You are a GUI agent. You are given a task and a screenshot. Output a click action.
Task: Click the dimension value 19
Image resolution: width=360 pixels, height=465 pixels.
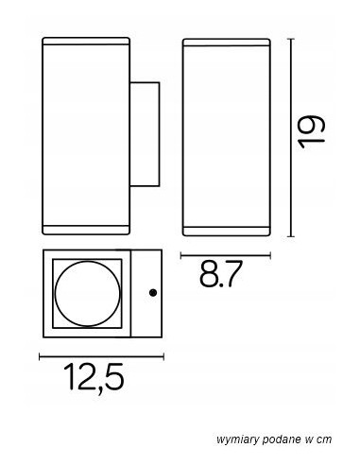click(x=312, y=131)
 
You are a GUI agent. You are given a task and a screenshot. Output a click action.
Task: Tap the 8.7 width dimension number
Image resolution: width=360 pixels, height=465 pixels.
click(x=221, y=273)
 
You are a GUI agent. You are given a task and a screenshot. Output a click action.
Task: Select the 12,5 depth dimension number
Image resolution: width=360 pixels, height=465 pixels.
click(x=94, y=378)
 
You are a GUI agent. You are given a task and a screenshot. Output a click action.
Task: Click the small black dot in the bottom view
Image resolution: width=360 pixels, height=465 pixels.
click(x=153, y=293)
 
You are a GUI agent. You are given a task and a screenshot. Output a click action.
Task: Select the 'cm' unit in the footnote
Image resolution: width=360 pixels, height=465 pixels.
click(x=324, y=439)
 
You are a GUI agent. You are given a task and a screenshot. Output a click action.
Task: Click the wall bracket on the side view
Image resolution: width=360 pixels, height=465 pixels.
click(x=145, y=134)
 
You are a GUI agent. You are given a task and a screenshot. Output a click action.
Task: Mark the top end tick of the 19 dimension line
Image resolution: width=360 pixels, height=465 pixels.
click(x=291, y=39)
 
